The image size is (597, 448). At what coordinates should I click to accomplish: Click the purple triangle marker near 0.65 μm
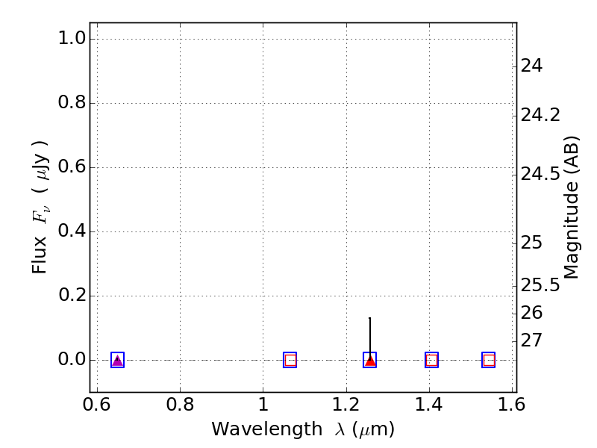click(x=117, y=361)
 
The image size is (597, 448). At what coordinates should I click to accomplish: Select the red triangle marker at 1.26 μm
click(x=370, y=361)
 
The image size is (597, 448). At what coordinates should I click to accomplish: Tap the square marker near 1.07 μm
click(x=290, y=360)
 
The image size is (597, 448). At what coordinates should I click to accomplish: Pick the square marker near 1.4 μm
click(x=431, y=360)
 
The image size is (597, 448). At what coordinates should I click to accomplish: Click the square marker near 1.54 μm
click(x=489, y=360)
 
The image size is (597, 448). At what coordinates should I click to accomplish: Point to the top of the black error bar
click(x=370, y=318)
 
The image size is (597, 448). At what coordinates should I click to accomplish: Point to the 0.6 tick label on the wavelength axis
click(x=97, y=405)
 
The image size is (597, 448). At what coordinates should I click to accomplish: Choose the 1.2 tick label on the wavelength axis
click(x=346, y=405)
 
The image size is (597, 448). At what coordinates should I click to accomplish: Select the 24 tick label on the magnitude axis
click(x=531, y=66)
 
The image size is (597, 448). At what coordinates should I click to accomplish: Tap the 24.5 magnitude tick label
click(x=540, y=174)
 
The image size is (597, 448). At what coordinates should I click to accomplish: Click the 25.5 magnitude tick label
click(x=540, y=285)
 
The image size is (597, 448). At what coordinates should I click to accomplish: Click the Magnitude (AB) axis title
click(x=572, y=207)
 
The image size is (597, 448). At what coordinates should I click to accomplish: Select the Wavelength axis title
click(x=302, y=429)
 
